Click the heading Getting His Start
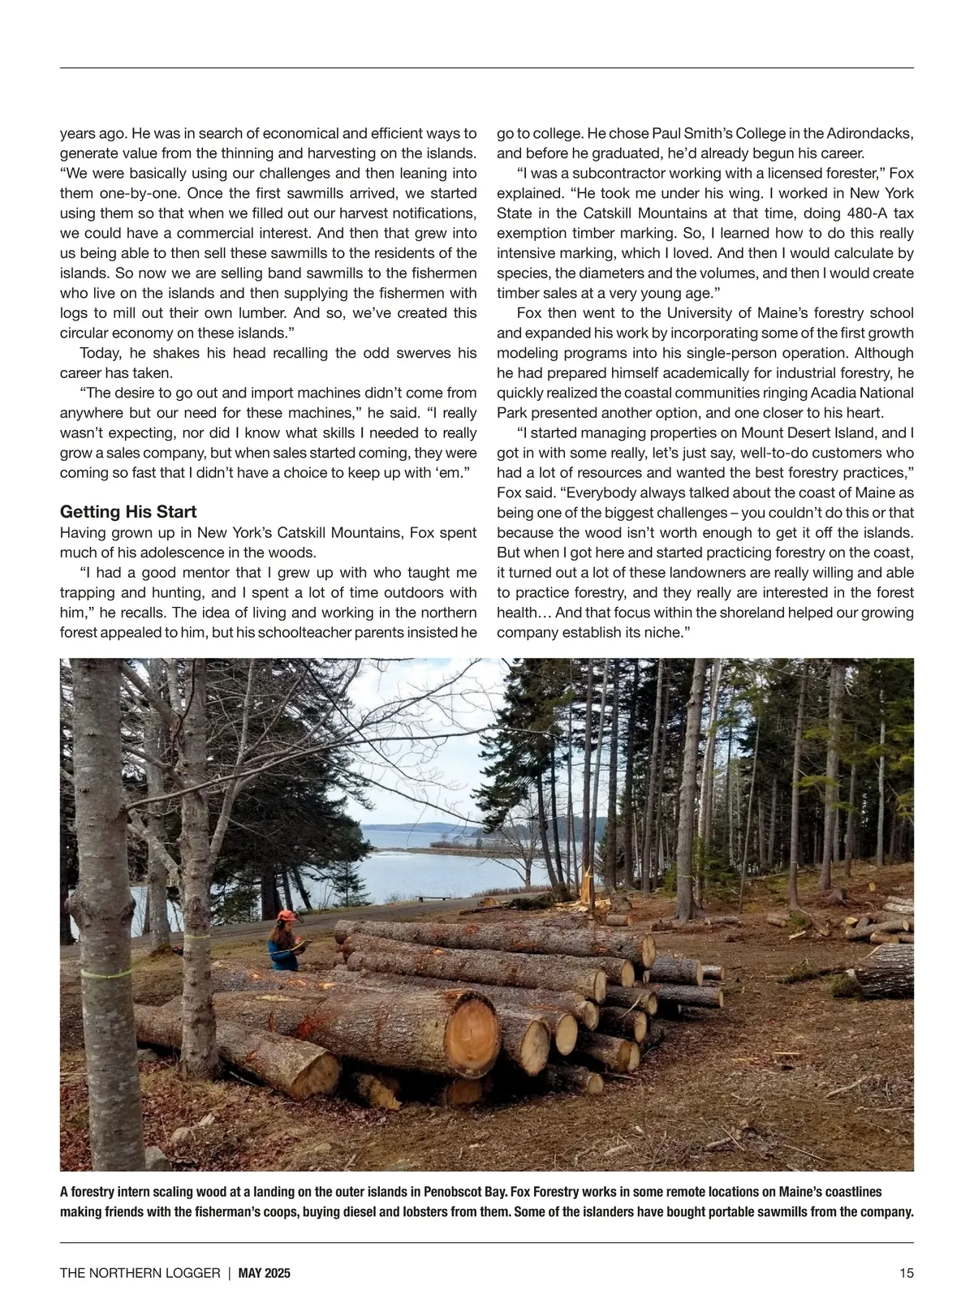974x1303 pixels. tap(128, 512)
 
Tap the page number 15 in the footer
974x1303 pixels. tap(906, 1273)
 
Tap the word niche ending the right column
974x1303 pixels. tap(657, 632)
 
